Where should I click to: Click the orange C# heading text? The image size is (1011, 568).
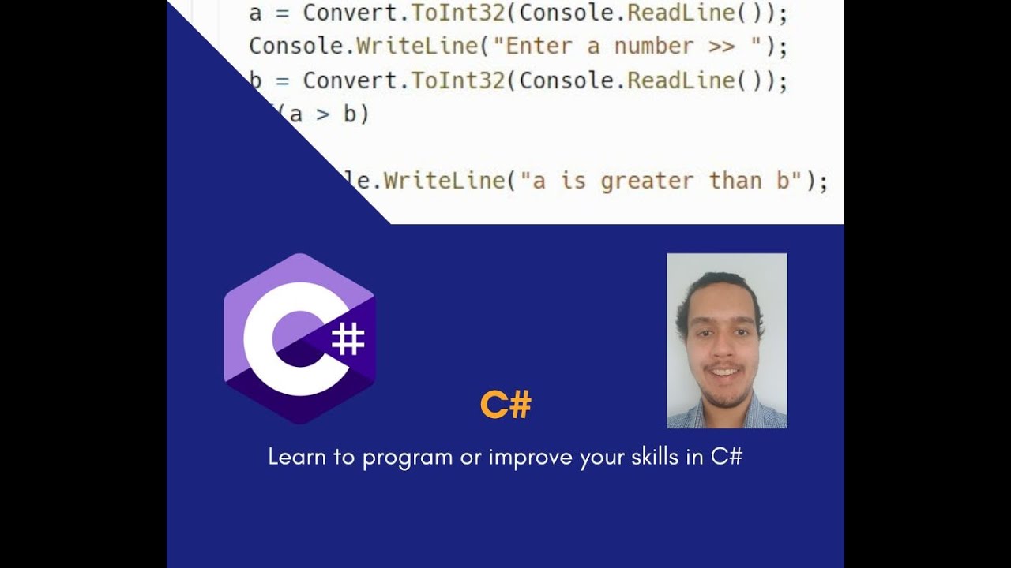pos(505,405)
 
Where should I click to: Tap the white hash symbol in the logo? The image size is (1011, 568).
pos(348,339)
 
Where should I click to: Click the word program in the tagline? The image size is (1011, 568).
pos(408,458)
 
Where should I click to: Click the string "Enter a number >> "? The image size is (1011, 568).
pos(628,47)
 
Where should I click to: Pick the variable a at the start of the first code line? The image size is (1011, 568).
pos(255,13)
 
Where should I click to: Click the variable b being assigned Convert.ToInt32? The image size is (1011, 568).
pos(255,80)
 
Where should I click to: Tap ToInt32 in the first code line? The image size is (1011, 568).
pos(458,13)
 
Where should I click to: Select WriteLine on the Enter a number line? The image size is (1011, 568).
pos(417,47)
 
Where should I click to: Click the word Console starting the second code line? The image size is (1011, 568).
pos(295,47)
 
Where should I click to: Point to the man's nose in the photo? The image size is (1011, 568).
pos(721,347)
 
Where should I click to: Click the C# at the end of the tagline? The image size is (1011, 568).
pos(727,457)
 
